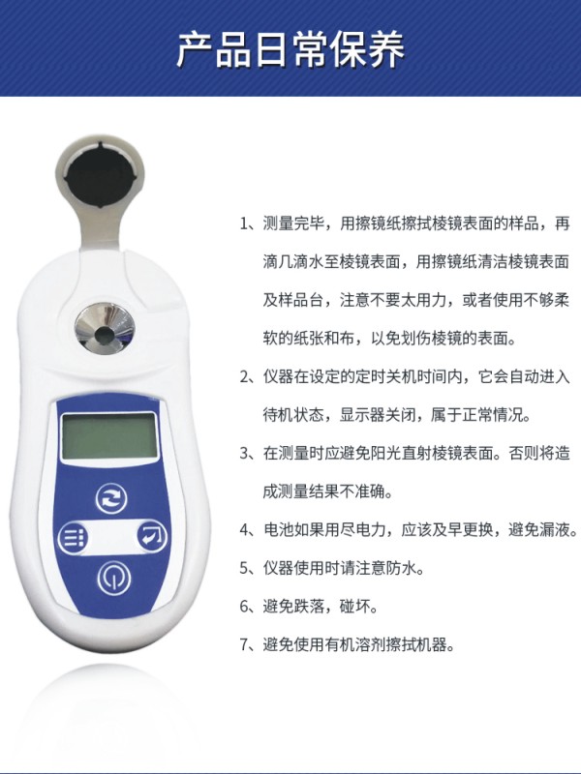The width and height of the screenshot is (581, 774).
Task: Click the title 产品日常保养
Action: tap(290, 50)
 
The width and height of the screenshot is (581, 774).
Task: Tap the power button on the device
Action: tap(114, 578)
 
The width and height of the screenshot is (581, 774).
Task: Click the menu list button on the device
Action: tap(74, 538)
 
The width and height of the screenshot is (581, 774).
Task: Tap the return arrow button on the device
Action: tap(152, 536)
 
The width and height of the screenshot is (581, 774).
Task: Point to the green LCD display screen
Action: tap(109, 436)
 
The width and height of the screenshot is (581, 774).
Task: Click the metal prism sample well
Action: tap(104, 328)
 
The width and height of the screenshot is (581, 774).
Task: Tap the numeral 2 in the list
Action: tap(245, 377)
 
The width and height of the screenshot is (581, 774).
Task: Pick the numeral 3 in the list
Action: tap(245, 453)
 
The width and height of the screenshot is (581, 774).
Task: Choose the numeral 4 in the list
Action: tap(245, 529)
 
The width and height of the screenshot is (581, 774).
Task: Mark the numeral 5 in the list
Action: tap(245, 568)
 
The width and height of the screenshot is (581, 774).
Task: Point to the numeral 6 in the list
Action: tap(245, 607)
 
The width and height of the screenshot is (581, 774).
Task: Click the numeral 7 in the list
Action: tap(245, 644)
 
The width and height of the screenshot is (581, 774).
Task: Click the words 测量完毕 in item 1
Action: tap(293, 223)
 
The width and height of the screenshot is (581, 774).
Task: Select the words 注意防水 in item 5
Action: tap(386, 568)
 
